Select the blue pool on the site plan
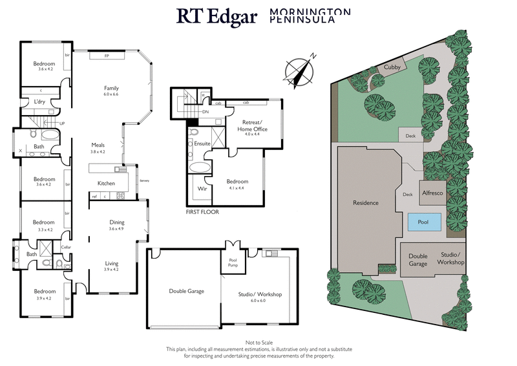click(x=423, y=222)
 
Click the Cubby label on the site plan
click(x=392, y=67)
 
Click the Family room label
click(x=112, y=88)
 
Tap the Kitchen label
click(x=106, y=184)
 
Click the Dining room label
click(x=116, y=222)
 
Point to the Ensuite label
click(x=202, y=144)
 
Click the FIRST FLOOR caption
click(x=202, y=211)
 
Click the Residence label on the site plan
click(x=366, y=202)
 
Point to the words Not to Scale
click(x=258, y=341)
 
